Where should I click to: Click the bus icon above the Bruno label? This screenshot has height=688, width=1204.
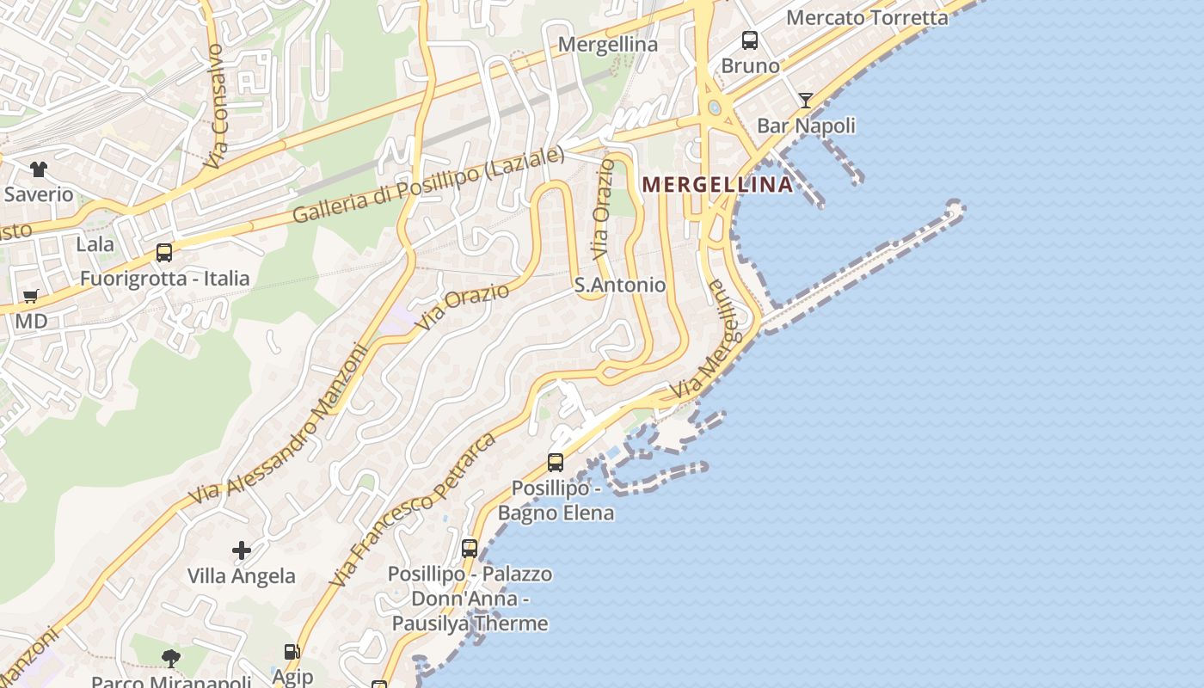[x=750, y=40]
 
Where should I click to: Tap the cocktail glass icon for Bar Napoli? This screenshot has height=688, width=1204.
[x=805, y=101]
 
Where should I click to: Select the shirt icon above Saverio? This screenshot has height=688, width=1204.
[x=39, y=169]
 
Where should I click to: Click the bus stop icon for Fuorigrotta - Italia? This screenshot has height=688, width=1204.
[x=164, y=253]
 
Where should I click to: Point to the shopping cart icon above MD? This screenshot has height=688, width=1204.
[x=31, y=297]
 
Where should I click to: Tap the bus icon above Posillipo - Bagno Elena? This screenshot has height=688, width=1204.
[x=556, y=463]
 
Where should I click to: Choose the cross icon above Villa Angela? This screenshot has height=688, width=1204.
[x=242, y=550]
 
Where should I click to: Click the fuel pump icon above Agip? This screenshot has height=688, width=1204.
[x=292, y=653]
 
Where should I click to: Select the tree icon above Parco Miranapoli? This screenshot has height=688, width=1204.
[x=171, y=659]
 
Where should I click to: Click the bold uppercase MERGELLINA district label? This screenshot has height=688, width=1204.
[x=717, y=185]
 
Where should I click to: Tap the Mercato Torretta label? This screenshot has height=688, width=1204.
[x=867, y=17]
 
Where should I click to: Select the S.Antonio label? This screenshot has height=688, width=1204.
[x=620, y=285]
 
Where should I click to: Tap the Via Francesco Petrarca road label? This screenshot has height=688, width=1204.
[x=413, y=511]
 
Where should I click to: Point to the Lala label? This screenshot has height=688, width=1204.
[x=95, y=244]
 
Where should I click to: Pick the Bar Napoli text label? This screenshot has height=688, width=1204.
[x=806, y=126]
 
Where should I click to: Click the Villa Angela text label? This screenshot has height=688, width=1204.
[x=242, y=576]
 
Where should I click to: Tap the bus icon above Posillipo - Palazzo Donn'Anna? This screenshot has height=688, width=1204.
[x=470, y=548]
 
